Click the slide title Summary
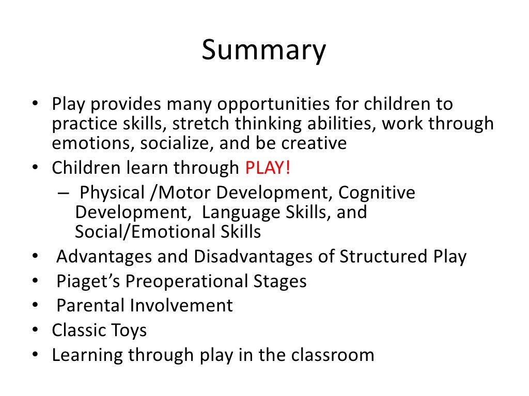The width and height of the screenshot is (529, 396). pyautogui.click(x=264, y=51)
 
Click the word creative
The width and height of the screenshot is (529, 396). pyautogui.click(x=314, y=143)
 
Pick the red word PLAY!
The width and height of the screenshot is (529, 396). pyautogui.click(x=268, y=168)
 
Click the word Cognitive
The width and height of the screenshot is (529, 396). pyautogui.click(x=377, y=192)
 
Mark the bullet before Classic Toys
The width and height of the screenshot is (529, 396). pyautogui.click(x=35, y=331)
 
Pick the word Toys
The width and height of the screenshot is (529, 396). pyautogui.click(x=129, y=331)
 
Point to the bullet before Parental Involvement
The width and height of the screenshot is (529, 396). pyautogui.click(x=35, y=306)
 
